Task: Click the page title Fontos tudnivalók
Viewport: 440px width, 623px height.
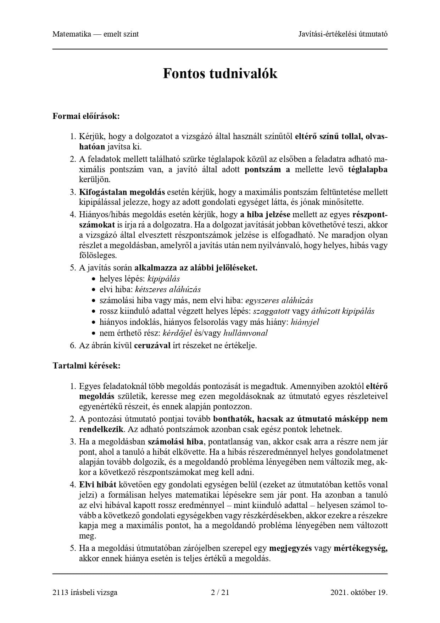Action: point(220,73)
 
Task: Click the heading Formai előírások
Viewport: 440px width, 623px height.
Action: point(86,116)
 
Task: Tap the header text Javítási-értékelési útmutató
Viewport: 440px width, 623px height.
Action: point(342,34)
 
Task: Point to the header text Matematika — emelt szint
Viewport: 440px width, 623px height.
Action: point(95,34)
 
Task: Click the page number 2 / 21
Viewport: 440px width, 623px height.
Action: point(220,592)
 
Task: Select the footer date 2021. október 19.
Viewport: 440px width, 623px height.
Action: point(358,592)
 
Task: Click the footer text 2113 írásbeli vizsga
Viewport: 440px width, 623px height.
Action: point(85,592)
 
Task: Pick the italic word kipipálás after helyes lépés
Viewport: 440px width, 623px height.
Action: point(163,279)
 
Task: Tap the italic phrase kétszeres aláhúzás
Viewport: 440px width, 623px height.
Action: point(168,289)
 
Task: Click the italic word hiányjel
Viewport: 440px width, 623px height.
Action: point(305,322)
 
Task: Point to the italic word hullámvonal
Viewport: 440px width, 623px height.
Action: point(245,333)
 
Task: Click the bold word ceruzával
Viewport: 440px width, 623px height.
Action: point(152,345)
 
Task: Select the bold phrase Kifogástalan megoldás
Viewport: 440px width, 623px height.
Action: point(122,192)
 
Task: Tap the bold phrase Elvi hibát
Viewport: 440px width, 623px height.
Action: point(95,484)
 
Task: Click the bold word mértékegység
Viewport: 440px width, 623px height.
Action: point(360,548)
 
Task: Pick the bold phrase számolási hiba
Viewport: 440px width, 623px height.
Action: point(176,442)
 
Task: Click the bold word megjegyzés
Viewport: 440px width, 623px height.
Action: point(290,548)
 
